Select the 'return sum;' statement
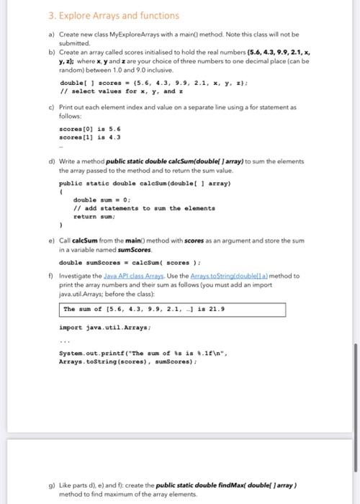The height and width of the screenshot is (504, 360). pyautogui.click(x=95, y=214)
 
